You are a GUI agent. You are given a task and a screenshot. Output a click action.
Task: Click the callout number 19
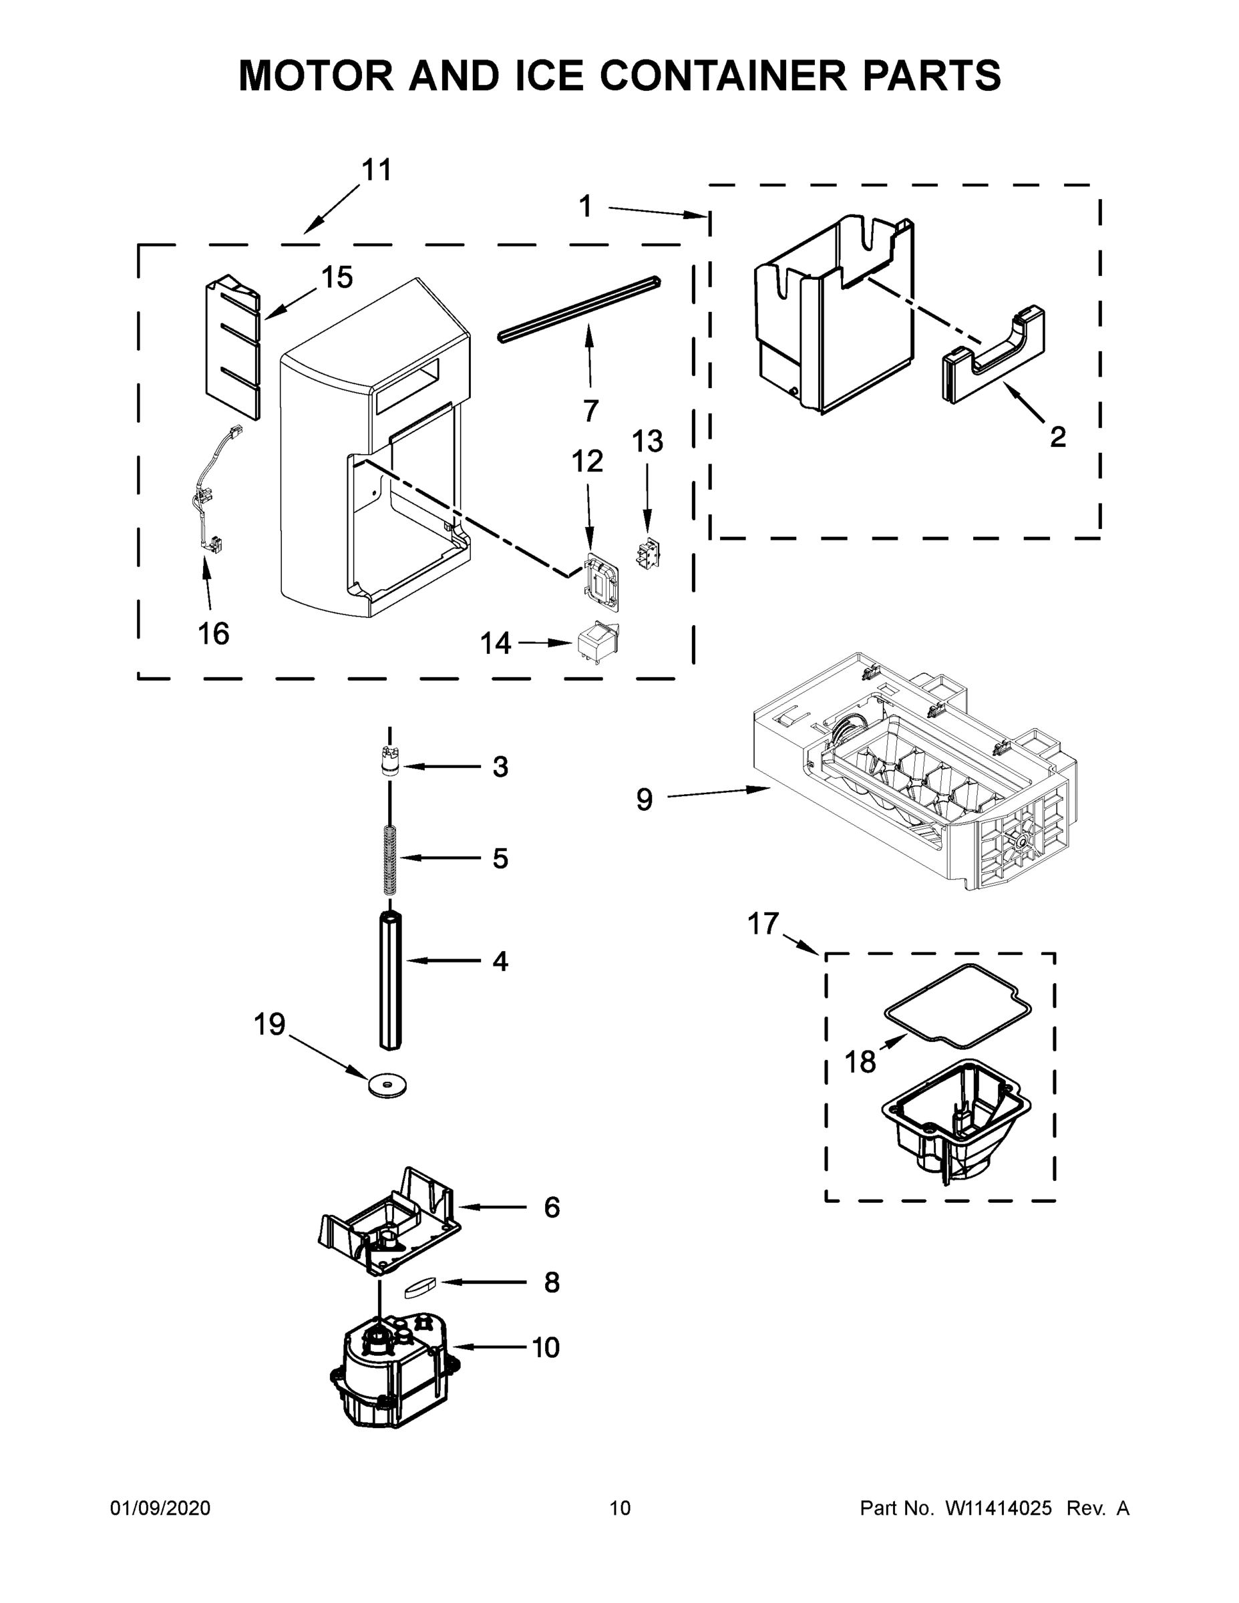[x=269, y=1025]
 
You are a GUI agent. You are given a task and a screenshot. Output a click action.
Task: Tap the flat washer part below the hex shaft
[x=387, y=1085]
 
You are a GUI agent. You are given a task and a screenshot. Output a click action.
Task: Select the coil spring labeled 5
[x=390, y=860]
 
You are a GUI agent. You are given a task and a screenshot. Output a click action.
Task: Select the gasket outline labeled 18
[x=958, y=1004]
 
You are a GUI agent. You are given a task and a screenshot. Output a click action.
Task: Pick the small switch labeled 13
[x=646, y=556]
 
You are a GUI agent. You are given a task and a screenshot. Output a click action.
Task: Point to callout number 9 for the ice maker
[x=644, y=799]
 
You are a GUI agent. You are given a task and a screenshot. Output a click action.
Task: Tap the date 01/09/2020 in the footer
[x=160, y=1507]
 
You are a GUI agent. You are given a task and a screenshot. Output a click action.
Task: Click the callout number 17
[x=763, y=923]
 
